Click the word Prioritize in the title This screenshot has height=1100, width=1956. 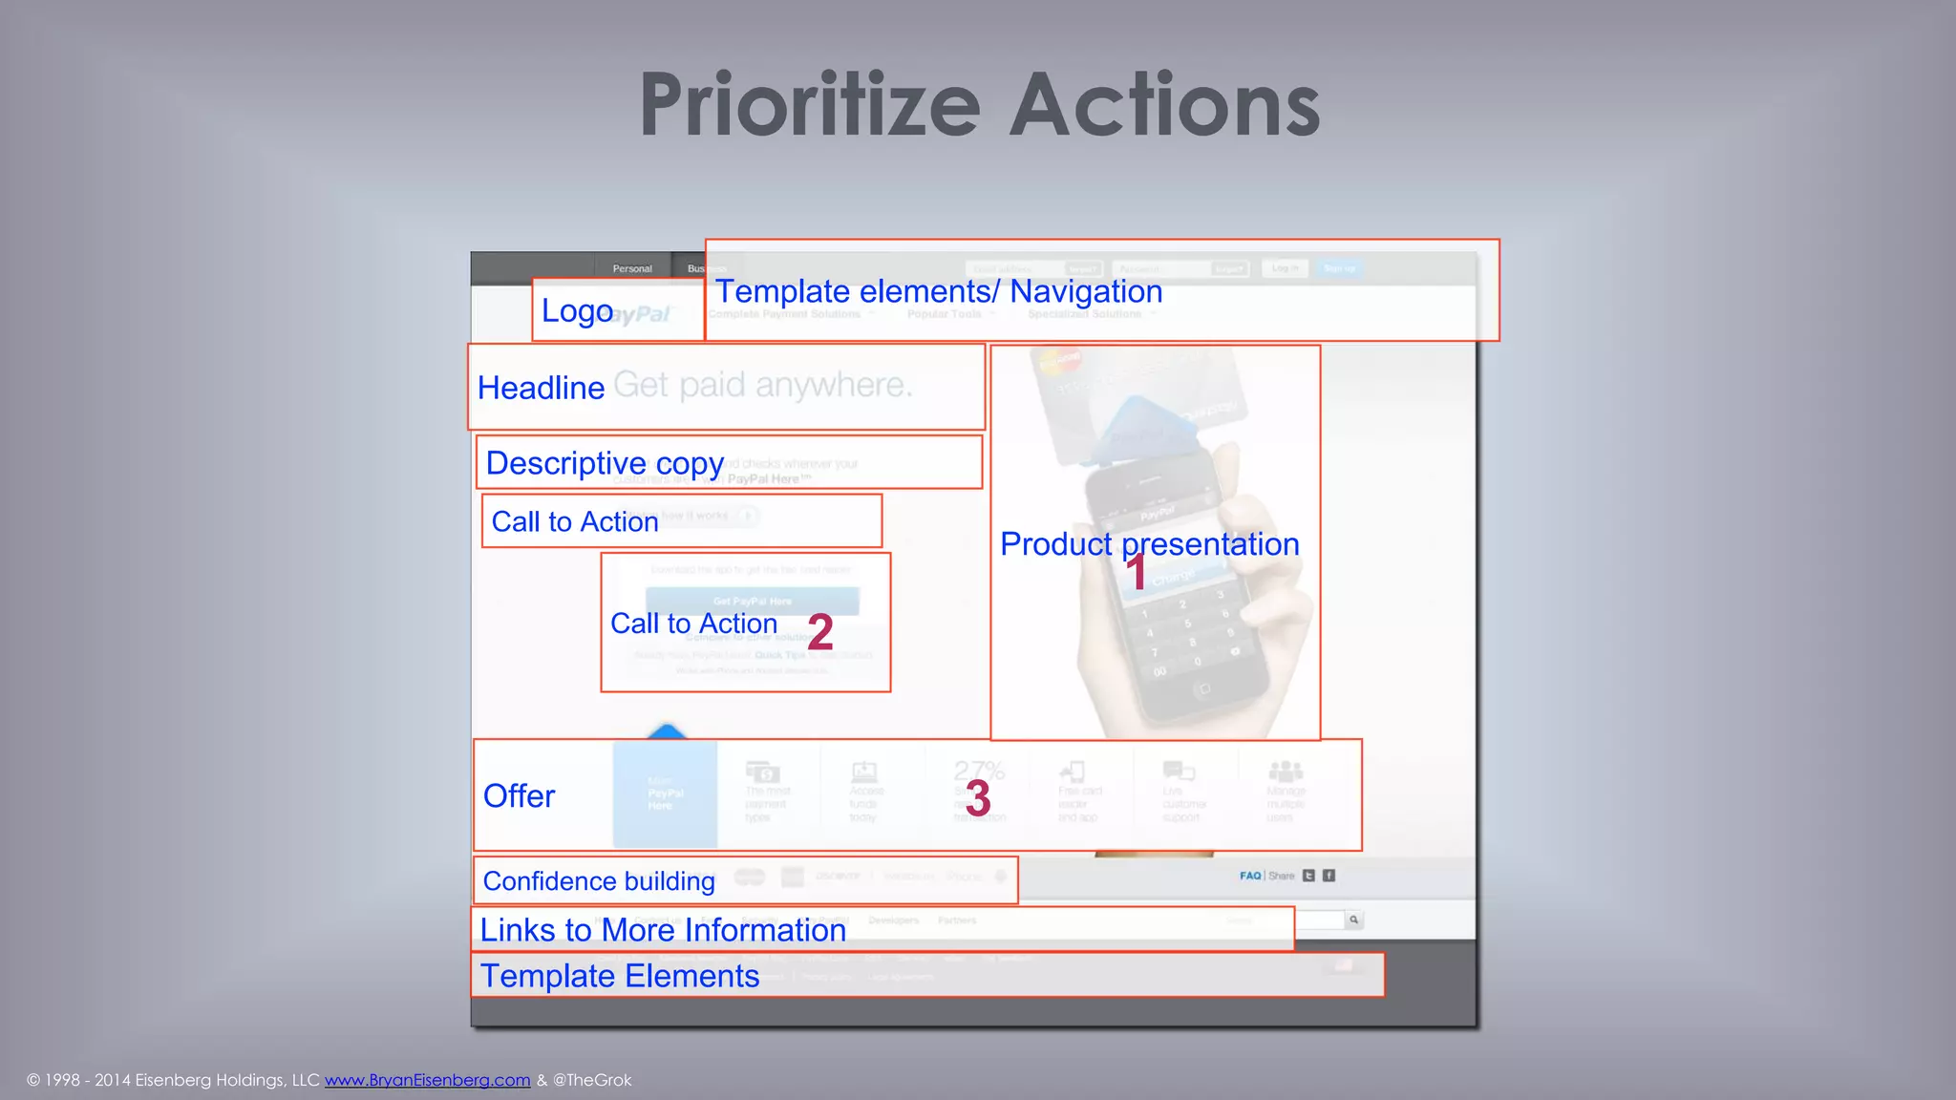(x=809, y=105)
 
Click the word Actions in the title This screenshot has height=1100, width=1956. (x=1164, y=105)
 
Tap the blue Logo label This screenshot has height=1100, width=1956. (x=577, y=311)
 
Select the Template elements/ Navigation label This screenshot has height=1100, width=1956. (x=939, y=291)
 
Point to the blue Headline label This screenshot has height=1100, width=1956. (x=541, y=388)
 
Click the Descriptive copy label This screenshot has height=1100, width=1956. (x=605, y=463)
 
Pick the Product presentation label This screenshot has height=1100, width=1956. (x=1149, y=544)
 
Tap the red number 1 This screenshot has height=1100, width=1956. (x=1136, y=573)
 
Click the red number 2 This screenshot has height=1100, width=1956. (x=820, y=631)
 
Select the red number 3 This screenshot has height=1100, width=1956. (x=978, y=797)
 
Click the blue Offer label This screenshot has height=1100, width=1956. (x=519, y=796)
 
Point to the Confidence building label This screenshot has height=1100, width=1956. (x=599, y=881)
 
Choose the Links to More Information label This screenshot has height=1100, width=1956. (x=663, y=930)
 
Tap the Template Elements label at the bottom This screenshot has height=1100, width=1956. (x=620, y=976)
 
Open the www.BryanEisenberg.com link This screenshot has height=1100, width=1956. (x=427, y=1080)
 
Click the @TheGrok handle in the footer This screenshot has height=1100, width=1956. (x=592, y=1080)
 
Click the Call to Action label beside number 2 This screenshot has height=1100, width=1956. (x=693, y=624)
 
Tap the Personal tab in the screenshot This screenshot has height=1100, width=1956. (x=632, y=268)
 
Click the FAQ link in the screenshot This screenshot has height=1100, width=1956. (x=1250, y=876)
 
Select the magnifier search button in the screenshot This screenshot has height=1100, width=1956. (x=1353, y=920)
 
